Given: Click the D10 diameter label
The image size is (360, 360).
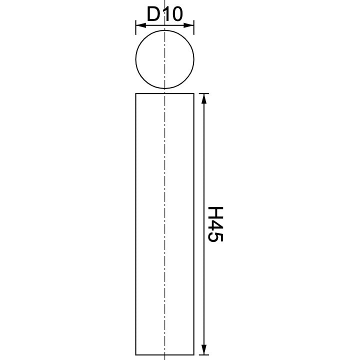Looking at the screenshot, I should coord(164,15).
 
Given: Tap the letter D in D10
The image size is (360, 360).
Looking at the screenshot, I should coord(152,15).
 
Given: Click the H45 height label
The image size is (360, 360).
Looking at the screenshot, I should coord(215,224).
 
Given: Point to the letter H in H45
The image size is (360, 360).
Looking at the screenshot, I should coord(215,213).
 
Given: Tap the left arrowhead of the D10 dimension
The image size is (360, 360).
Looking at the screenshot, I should coord(139,23).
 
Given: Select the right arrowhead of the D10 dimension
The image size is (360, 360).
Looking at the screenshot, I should coord(190,23).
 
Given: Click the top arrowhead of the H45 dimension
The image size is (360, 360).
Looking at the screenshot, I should coord(203,97).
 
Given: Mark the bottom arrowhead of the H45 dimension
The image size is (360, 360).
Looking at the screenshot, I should coord(203,350).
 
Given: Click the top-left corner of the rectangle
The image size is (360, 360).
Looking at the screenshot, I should coord(136,93).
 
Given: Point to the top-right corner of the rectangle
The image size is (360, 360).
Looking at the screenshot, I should coord(193,93).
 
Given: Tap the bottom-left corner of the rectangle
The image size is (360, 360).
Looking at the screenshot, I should coord(136,354).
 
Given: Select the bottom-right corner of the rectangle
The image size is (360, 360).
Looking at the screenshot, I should coord(193,354).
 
